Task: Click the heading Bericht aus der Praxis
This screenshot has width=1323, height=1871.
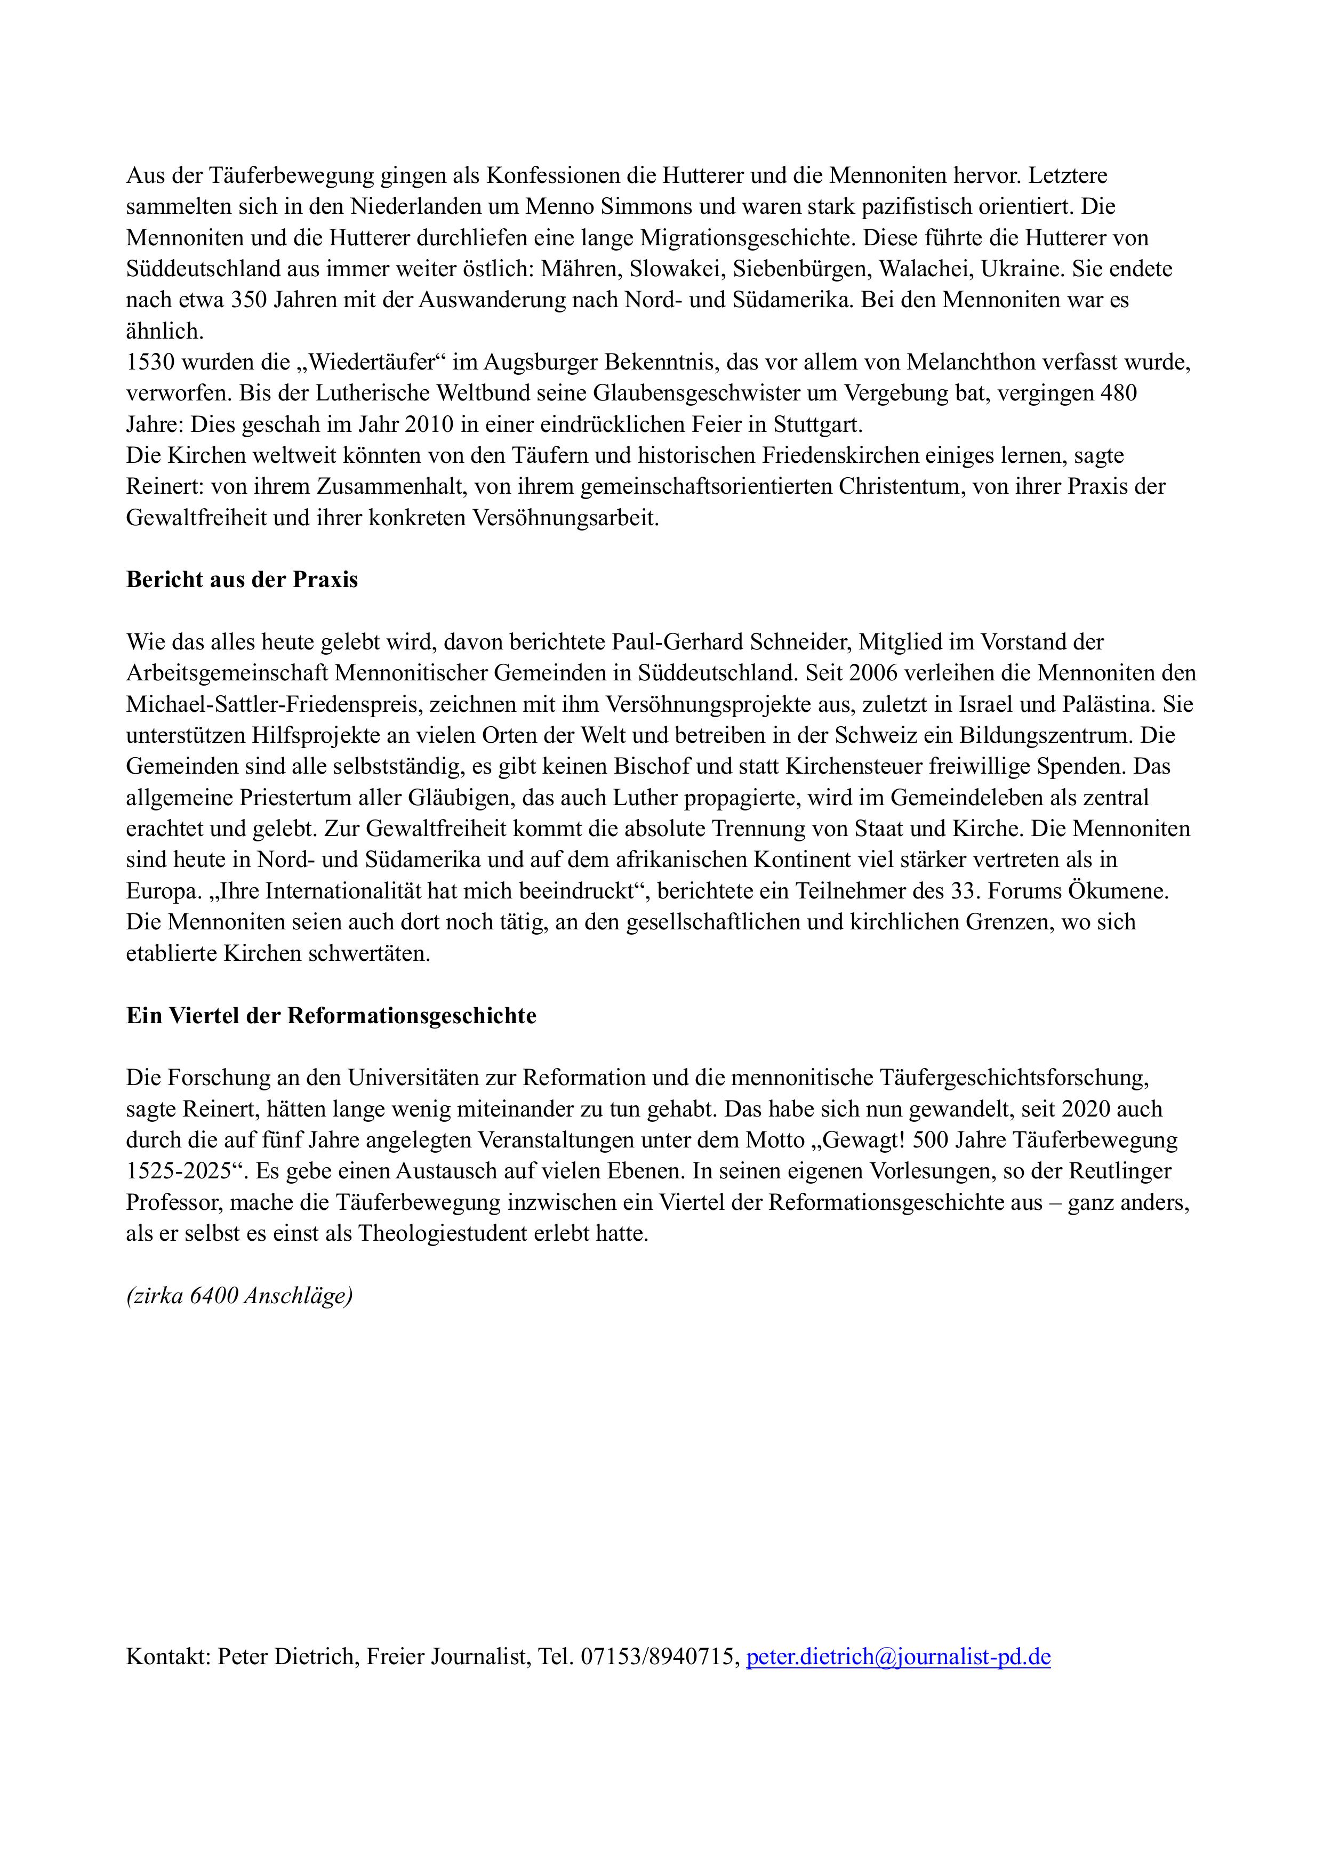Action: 242,580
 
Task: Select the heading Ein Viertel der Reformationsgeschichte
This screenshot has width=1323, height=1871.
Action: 331,1016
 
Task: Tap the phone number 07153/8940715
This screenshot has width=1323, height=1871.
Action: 657,1657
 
